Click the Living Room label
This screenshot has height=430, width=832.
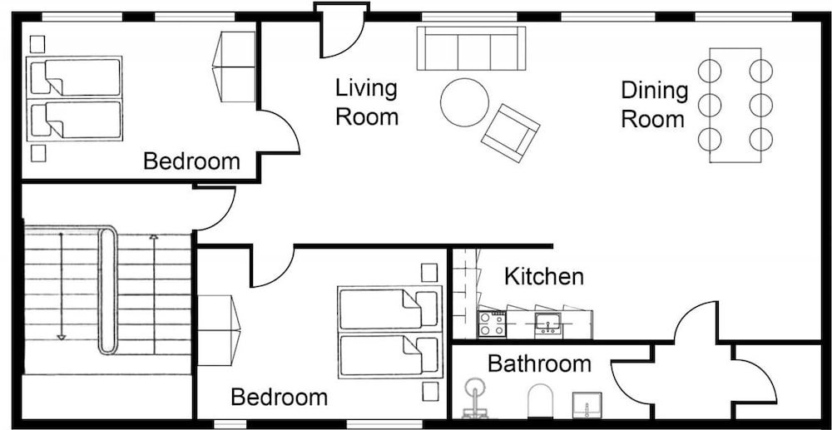click(367, 102)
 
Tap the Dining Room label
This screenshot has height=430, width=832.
click(654, 105)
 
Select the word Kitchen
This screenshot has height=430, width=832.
click(543, 276)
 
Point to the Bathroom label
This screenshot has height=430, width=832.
click(539, 363)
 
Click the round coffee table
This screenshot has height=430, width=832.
click(465, 102)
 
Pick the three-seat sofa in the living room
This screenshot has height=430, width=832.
click(471, 48)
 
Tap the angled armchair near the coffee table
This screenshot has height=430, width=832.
click(511, 133)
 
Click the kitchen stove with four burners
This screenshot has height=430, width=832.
click(492, 324)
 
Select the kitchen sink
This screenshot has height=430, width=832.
click(547, 324)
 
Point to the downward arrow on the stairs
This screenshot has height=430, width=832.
click(61, 286)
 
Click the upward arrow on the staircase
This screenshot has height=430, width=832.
click(154, 294)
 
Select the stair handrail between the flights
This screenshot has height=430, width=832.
click(107, 290)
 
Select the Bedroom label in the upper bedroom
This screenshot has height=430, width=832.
click(191, 161)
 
